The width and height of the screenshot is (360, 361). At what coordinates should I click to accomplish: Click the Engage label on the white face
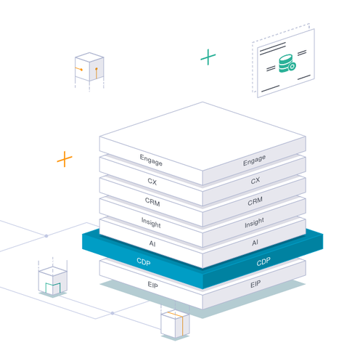pos(151,160)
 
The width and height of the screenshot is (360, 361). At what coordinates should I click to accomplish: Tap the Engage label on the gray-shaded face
pos(254,160)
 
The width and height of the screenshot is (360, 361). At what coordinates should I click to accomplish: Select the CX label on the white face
pos(152,182)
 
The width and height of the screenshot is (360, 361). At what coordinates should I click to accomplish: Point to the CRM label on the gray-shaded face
pos(255,201)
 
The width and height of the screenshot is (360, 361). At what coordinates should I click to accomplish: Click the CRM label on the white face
pos(152,202)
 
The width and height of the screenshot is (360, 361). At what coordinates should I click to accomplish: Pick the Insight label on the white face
pos(151,222)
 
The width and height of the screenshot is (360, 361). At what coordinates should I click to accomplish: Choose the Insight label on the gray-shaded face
pos(254,222)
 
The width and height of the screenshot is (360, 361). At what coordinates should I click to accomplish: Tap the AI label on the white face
pos(152,243)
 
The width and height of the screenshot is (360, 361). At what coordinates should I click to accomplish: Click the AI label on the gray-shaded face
pos(255,243)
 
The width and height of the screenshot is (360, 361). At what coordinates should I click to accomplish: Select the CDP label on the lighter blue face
pos(144,261)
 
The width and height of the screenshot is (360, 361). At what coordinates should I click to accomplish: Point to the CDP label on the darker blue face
pos(263,261)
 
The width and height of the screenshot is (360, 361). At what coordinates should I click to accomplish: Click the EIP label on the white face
pos(152,285)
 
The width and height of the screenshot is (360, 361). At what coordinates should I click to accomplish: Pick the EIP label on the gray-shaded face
pos(255,284)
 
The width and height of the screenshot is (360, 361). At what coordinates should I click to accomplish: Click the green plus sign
pos(208,57)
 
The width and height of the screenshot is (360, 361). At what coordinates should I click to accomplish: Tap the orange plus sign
pos(65,159)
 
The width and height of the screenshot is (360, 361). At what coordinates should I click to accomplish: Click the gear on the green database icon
pos(292,66)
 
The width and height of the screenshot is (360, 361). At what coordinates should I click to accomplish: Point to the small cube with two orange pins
pos(89,67)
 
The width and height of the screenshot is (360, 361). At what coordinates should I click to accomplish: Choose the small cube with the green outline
pos(53,281)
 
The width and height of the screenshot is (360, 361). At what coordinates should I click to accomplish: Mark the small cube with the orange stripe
pos(175,323)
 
